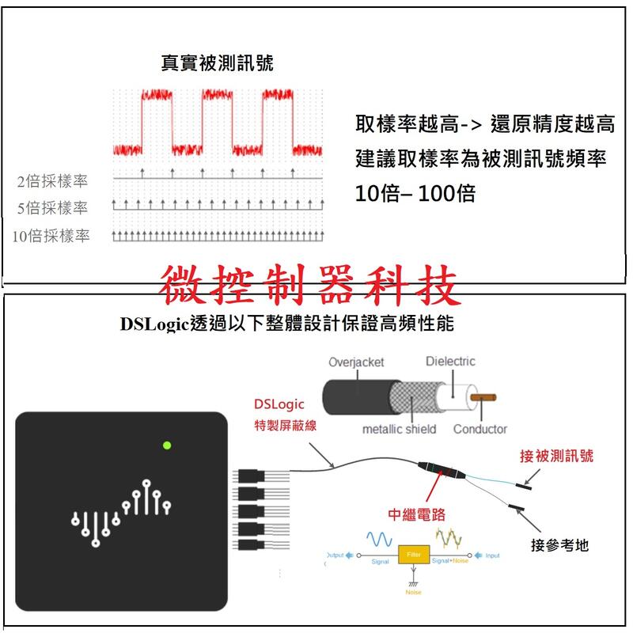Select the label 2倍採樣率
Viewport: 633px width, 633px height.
[x=53, y=182]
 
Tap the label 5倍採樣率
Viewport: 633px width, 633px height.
[x=53, y=208]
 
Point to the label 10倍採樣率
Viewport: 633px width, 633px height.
[x=51, y=236]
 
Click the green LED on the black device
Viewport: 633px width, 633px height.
[x=167, y=445]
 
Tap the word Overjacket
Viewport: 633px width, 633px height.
[x=356, y=362]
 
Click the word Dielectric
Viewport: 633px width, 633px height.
[x=450, y=361]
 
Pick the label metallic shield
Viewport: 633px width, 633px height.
[x=399, y=429]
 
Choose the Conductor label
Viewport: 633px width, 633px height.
[x=479, y=429]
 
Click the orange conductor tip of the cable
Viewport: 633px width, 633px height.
[x=480, y=396]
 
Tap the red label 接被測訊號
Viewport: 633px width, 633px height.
[x=556, y=456]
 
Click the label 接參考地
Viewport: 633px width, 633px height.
[x=559, y=545]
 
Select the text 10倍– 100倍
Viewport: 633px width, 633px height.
[x=415, y=192]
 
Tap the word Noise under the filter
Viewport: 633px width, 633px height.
[x=413, y=592]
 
